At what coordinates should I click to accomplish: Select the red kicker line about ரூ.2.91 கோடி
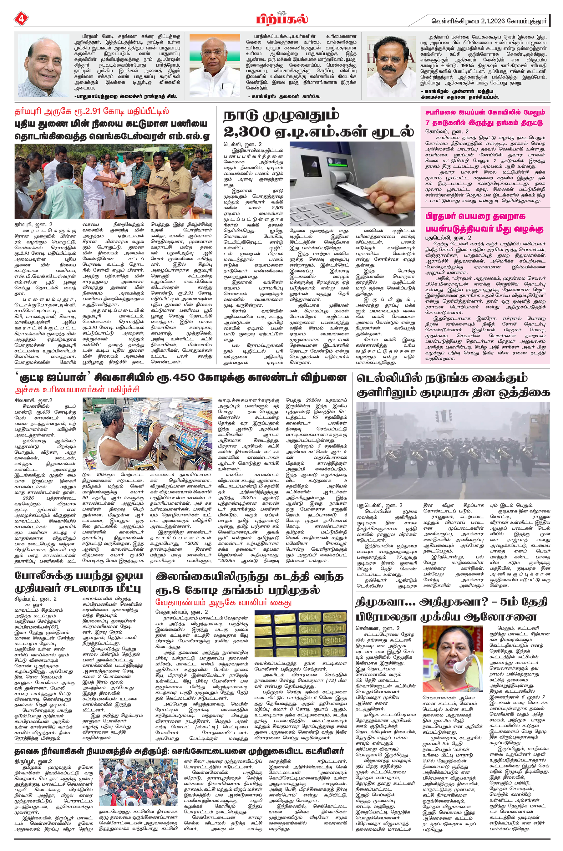tap(92, 111)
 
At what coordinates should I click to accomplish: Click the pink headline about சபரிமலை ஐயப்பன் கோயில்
tap(485, 117)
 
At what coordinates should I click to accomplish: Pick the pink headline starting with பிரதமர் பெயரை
tap(484, 223)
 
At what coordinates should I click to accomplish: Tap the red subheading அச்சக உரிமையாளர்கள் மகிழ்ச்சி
tap(77, 390)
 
